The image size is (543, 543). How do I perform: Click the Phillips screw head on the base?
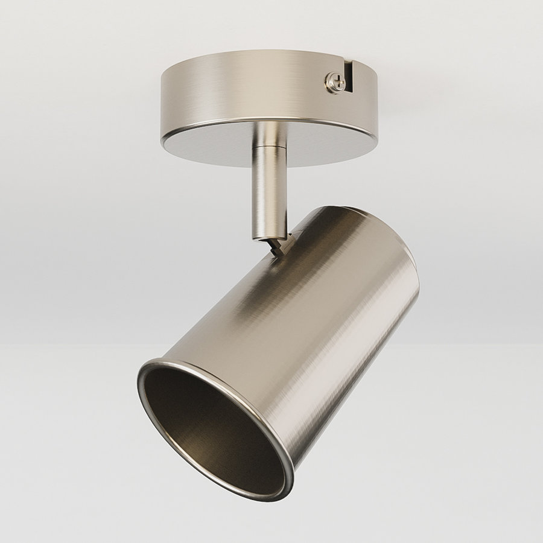334,81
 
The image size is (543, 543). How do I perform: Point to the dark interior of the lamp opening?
205,422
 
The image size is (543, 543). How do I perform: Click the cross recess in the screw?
335,81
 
